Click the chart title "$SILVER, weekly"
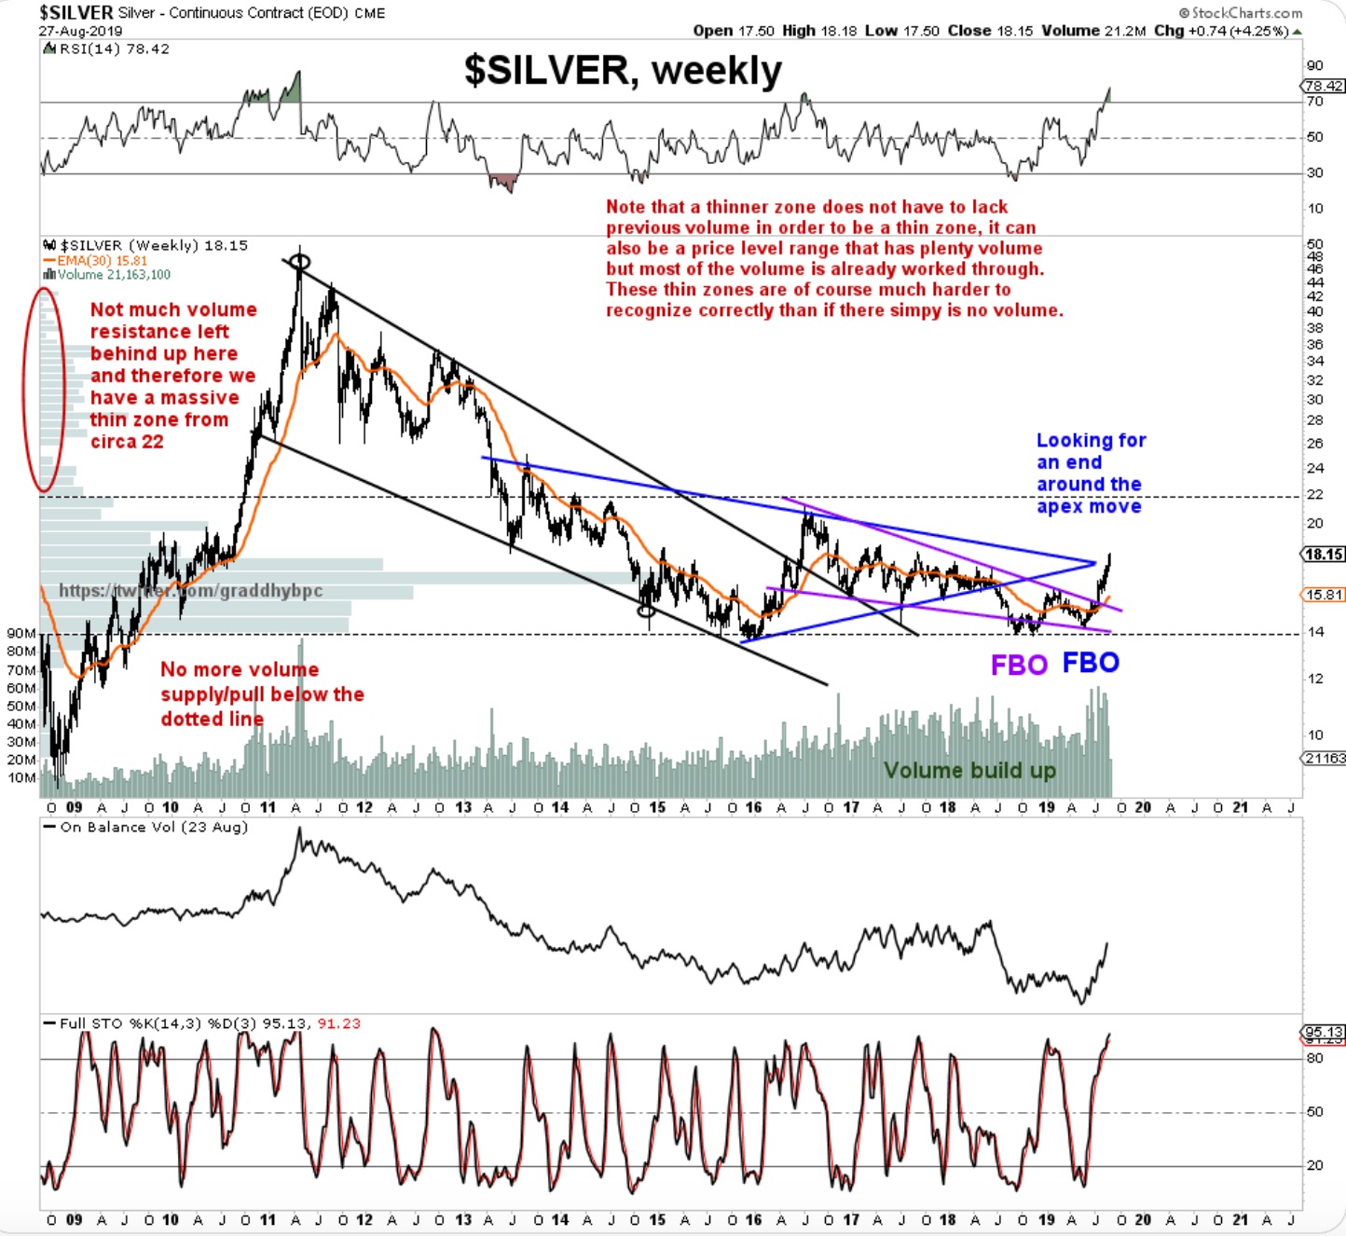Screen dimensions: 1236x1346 coord(623,71)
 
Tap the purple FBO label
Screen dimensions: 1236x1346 coord(1019,665)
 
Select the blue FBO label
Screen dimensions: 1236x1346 coord(1091,663)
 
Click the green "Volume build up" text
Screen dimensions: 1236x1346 coord(969,771)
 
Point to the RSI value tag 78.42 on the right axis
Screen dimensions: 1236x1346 coord(1324,86)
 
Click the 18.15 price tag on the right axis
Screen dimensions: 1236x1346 coord(1324,555)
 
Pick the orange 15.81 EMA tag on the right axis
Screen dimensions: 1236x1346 coord(1324,595)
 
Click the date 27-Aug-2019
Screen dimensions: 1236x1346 coord(80,31)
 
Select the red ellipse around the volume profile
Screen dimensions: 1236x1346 coord(44,389)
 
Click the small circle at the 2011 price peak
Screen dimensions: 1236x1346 coord(299,262)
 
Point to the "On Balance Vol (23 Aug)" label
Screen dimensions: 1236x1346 coord(154,828)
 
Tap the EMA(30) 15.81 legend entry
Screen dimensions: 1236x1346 coord(102,261)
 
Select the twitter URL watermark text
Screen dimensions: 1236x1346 coord(191,591)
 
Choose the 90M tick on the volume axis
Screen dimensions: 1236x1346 coord(21,634)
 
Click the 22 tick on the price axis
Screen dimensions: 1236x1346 coord(1314,495)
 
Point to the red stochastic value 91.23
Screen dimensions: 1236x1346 coord(339,1023)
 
